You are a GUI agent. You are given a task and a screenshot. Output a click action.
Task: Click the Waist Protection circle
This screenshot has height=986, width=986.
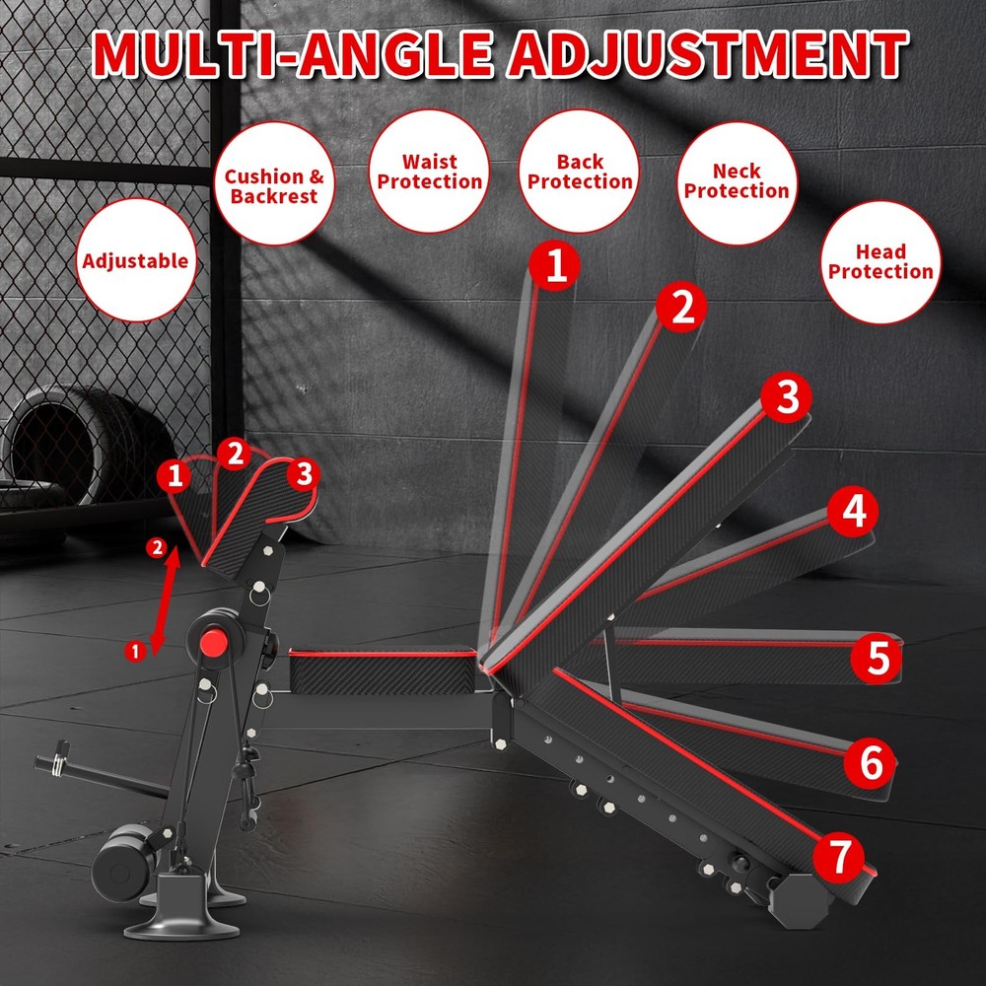coord(430,171)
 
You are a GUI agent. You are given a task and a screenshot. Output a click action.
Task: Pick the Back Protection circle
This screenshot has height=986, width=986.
coord(580,171)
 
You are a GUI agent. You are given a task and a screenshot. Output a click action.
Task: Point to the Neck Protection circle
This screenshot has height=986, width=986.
coord(737,181)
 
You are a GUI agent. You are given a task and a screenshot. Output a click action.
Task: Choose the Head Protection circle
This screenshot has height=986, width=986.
coord(880,261)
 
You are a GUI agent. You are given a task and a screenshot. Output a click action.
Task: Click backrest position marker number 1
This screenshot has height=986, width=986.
coord(556,267)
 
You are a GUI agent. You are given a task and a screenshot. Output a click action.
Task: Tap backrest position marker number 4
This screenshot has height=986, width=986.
coord(853,512)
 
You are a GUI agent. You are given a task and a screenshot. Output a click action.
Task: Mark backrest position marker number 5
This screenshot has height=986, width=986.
coord(878,658)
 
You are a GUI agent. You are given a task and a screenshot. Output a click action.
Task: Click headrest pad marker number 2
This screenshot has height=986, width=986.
coord(235,455)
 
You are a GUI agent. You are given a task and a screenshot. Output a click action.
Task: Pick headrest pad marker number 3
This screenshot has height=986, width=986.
coord(304,474)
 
